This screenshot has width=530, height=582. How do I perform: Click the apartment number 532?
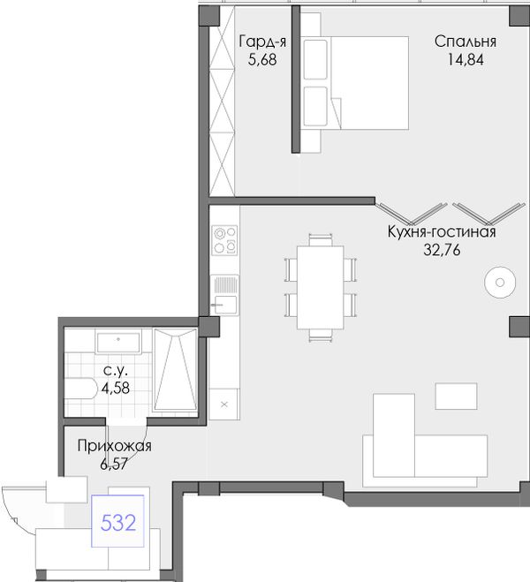[x=118, y=523]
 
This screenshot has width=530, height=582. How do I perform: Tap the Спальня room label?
[x=466, y=42]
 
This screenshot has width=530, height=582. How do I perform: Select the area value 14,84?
[x=466, y=59]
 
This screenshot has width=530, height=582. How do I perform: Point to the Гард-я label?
[x=262, y=42]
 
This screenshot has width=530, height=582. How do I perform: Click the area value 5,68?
[x=262, y=59]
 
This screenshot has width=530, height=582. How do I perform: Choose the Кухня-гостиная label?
[x=442, y=231]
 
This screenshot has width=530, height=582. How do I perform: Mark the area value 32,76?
[x=442, y=250]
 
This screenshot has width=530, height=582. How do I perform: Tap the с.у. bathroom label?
[x=116, y=370]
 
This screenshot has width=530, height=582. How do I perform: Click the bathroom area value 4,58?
[x=116, y=389]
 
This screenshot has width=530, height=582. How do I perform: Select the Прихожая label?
[x=114, y=446]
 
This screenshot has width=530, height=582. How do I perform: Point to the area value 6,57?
[x=114, y=464]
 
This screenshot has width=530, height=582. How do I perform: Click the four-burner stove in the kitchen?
[x=224, y=240]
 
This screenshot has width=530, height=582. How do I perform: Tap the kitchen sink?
[x=224, y=295]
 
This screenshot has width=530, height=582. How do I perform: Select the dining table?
[x=321, y=287]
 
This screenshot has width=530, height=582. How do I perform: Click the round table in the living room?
[x=500, y=283]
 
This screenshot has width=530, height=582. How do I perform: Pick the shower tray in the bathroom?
[x=176, y=369]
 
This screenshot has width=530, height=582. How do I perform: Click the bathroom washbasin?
[x=118, y=343]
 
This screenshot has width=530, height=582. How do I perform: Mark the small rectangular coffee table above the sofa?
[x=456, y=396]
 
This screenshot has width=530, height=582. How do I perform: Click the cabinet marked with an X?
[x=224, y=404]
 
